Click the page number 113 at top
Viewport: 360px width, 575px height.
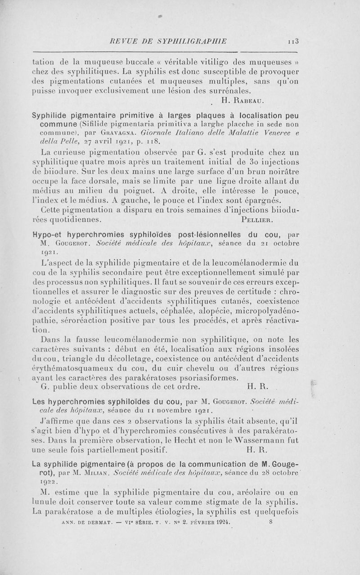(294, 42)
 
